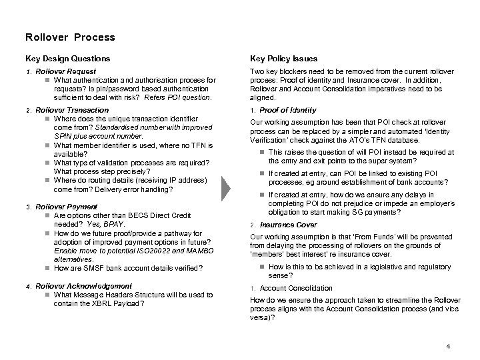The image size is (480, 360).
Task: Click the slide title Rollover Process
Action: [69, 37]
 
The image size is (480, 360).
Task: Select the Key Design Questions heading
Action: [67, 59]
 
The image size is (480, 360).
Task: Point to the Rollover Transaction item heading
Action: [71, 110]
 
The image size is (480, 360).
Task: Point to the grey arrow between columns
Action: [228, 189]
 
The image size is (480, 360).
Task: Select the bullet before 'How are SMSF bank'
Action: [47, 268]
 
